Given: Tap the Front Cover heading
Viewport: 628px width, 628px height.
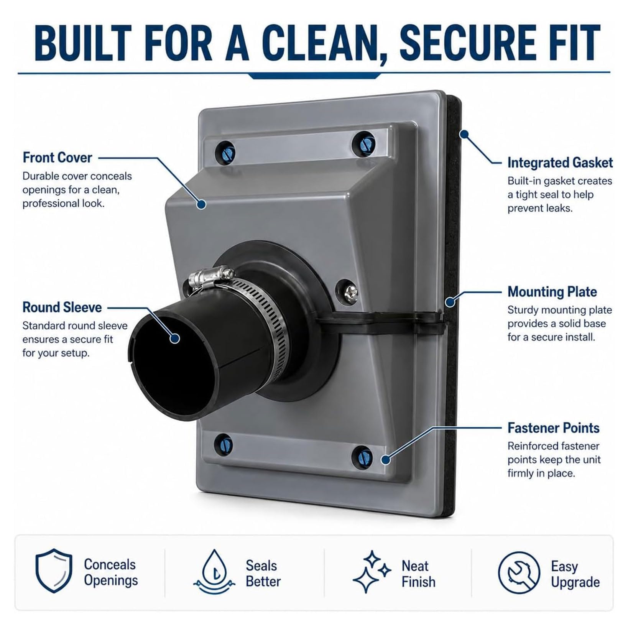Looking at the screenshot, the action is click(58, 158).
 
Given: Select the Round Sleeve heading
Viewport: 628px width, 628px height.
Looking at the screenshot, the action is click(62, 307).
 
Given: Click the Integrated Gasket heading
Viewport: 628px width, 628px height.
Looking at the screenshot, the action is click(560, 163).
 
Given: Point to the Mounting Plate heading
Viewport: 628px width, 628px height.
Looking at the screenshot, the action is click(552, 292).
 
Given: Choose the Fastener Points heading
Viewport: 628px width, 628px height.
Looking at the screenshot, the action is click(554, 428).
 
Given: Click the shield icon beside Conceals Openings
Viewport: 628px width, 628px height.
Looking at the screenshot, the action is click(54, 570).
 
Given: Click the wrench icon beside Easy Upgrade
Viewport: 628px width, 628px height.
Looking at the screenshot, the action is click(519, 572).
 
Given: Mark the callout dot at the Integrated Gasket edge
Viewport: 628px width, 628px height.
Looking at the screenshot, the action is click(464, 134).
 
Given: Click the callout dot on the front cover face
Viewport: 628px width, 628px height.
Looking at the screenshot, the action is click(201, 204).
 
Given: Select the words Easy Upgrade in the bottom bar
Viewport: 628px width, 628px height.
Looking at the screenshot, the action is click(575, 574).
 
